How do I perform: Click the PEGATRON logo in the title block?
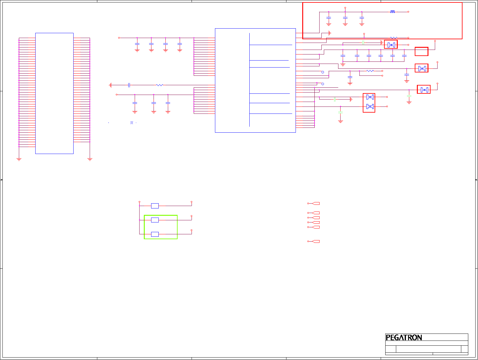pos(404,337)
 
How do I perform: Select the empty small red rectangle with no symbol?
pos(421,51)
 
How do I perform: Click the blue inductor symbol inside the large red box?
pos(393,12)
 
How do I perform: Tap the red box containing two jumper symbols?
pos(369,103)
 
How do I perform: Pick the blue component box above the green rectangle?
pos(155,206)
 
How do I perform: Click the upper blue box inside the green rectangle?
pos(155,220)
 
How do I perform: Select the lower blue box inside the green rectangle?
pos(155,234)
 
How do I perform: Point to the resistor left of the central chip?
pos(160,85)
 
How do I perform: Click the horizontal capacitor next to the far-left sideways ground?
pos(129,85)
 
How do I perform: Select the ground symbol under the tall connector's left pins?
pos(19,159)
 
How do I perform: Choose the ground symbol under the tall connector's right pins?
pos(90,159)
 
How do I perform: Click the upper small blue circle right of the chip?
pos(323,72)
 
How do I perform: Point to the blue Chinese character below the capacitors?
pos(132,123)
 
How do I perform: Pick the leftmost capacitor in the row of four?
pos(137,44)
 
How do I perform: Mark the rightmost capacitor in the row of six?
pos(404,56)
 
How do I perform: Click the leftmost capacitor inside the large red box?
pos(329,18)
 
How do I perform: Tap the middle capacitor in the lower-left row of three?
pos(154,103)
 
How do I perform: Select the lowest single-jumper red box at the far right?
pos(424,89)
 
